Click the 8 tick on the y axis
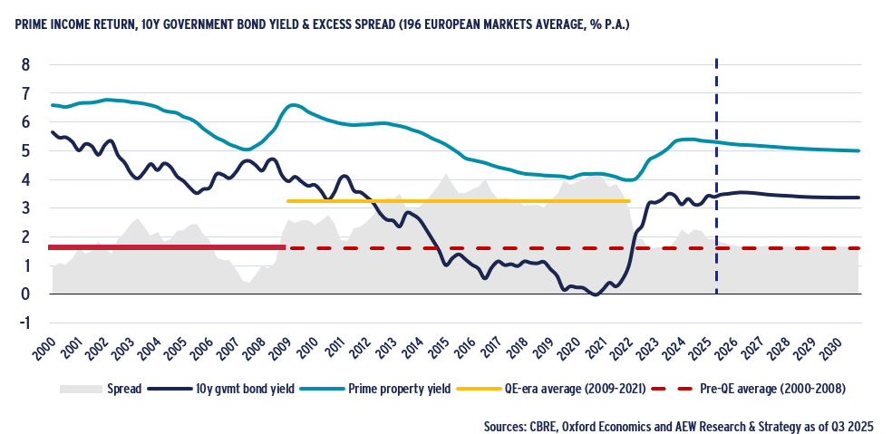coord(25,64)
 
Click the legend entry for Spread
coord(101,390)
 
